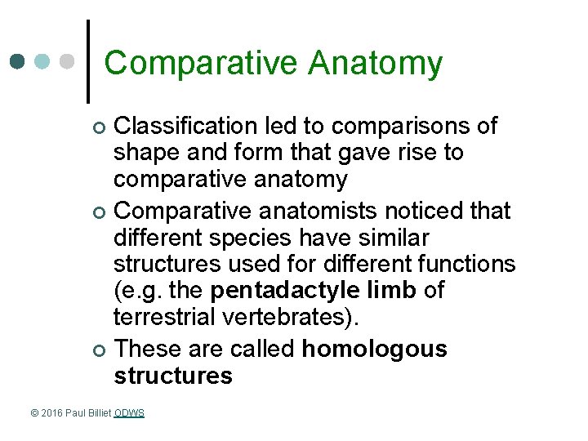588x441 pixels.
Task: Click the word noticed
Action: coord(421,211)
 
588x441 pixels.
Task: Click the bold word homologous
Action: coord(374,349)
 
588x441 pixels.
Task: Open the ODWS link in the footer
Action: coord(129,413)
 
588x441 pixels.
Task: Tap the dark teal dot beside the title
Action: coord(18,62)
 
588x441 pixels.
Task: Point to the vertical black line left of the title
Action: coord(88,61)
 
